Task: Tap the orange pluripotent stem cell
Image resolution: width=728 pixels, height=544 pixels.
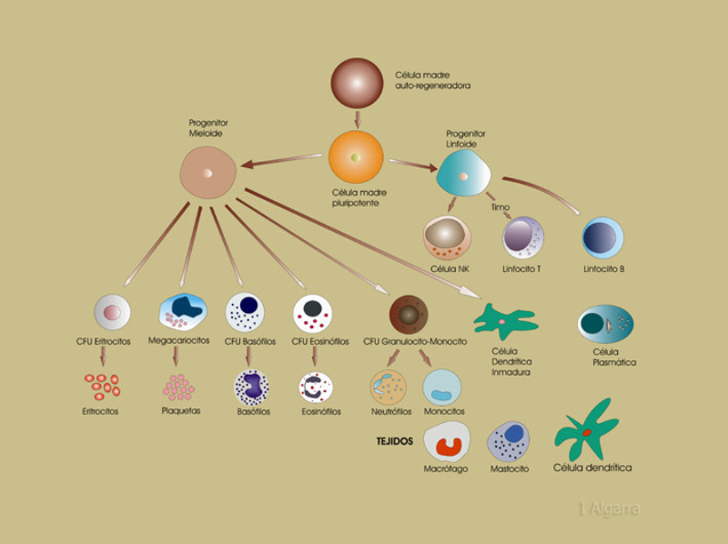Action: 356,158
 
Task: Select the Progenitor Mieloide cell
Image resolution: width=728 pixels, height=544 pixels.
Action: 207,171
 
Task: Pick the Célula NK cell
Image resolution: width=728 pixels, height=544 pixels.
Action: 447,238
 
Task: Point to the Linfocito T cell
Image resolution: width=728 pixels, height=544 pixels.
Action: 523,238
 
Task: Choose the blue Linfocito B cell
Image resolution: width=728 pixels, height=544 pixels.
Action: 602,237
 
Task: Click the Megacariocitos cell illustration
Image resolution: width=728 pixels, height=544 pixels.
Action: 182,311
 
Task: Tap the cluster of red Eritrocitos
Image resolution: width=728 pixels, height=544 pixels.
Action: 102,386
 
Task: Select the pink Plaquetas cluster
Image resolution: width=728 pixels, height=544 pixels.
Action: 178,388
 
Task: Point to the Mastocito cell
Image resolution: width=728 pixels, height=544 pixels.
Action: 509,441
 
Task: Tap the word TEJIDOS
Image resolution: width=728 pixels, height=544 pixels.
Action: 395,441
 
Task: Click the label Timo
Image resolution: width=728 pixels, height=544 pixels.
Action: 500,207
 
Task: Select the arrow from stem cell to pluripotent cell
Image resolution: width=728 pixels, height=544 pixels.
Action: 358,118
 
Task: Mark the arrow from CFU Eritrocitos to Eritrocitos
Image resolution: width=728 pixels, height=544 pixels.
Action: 104,357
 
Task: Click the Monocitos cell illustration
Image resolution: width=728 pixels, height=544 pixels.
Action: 443,387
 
